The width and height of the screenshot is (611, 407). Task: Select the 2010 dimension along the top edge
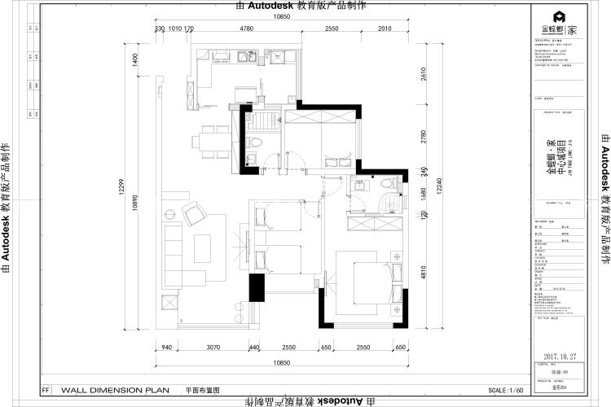[384, 29]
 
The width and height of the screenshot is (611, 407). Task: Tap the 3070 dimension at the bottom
[213, 348]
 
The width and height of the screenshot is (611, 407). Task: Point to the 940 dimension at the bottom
[167, 348]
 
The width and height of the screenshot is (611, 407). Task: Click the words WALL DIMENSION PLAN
[115, 390]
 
